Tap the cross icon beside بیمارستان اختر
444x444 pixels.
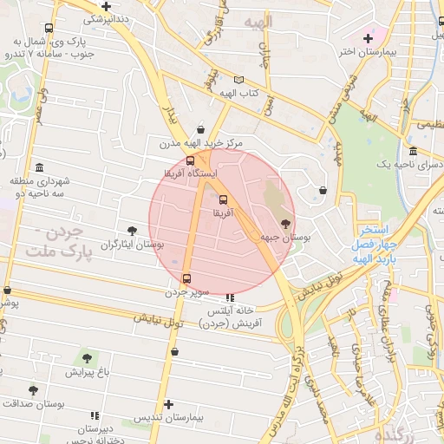point(369,38)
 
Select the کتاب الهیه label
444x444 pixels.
point(239,93)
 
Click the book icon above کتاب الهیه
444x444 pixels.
point(239,80)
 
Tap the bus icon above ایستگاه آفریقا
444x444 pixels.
point(191,160)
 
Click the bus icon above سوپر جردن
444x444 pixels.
point(187,278)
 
